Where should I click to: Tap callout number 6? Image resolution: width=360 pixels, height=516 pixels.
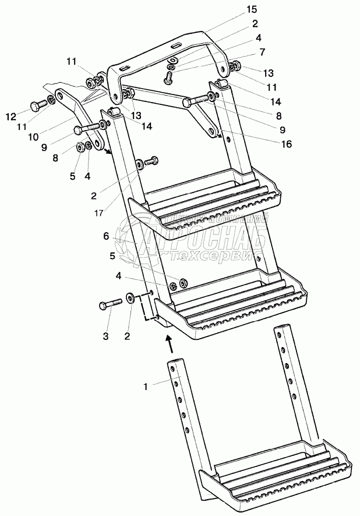(x=105, y=236)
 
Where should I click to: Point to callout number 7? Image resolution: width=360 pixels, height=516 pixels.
(x=263, y=52)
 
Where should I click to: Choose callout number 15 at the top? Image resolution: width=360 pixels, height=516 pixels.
(x=252, y=10)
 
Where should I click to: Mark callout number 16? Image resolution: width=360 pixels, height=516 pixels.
(x=285, y=144)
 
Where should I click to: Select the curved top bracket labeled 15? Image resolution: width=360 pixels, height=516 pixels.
(x=175, y=52)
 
